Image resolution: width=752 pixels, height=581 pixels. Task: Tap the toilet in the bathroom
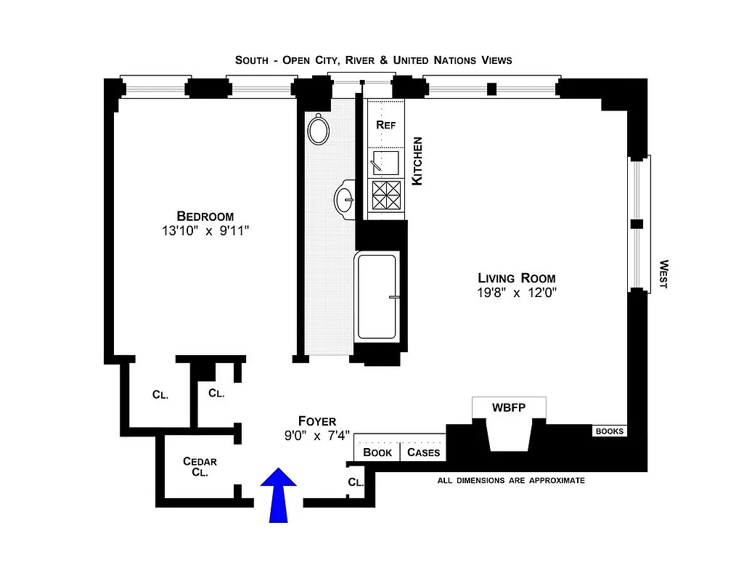(x=319, y=130)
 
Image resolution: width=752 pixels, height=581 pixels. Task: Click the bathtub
(x=376, y=296)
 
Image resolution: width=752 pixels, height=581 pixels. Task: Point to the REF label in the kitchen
(x=385, y=124)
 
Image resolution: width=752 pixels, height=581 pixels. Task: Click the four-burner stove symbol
(x=386, y=195)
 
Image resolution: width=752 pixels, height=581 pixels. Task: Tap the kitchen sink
(x=386, y=161)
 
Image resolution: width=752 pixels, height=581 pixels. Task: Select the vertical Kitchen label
(x=417, y=161)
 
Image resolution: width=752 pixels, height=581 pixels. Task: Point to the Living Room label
(x=516, y=278)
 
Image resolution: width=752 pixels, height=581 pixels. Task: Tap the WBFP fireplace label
(x=508, y=407)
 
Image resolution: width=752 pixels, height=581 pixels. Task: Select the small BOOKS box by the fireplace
(x=609, y=431)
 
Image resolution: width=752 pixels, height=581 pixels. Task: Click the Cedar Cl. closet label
(x=200, y=466)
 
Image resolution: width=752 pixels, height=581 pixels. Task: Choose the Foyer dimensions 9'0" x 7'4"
(x=317, y=436)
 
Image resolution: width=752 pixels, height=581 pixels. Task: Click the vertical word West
(x=663, y=275)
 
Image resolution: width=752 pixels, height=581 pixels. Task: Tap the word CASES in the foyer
(x=423, y=452)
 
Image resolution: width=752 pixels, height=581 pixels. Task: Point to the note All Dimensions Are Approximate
(x=510, y=481)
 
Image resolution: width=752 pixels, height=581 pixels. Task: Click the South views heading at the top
(x=373, y=60)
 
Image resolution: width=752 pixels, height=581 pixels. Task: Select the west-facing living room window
(x=637, y=224)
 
